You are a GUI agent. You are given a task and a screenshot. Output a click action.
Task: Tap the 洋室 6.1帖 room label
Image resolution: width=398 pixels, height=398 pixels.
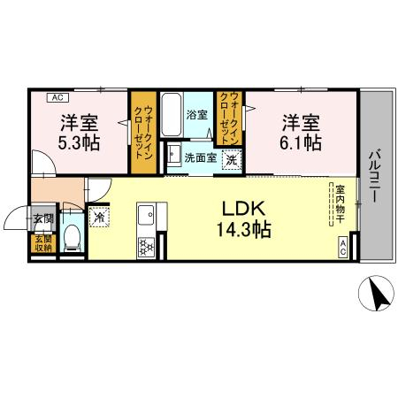pyautogui.click(x=301, y=132)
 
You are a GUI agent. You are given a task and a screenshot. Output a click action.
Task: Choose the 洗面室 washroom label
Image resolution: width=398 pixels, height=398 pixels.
pyautogui.click(x=199, y=159)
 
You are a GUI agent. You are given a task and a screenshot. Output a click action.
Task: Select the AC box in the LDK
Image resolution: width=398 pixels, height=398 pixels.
pyautogui.click(x=342, y=250)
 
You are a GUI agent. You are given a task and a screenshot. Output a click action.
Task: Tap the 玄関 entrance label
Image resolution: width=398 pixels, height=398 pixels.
pyautogui.click(x=42, y=218)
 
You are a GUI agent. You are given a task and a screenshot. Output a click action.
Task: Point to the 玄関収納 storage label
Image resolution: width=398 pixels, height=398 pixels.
pyautogui.click(x=42, y=244)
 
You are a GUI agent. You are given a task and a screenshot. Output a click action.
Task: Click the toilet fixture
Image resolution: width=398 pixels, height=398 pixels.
pyautogui.click(x=73, y=236)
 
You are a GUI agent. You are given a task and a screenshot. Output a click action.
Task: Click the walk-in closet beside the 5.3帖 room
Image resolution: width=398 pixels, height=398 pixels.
pyautogui.click(x=142, y=132)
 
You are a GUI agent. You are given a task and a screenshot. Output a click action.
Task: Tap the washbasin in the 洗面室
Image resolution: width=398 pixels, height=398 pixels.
pyautogui.click(x=172, y=157)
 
